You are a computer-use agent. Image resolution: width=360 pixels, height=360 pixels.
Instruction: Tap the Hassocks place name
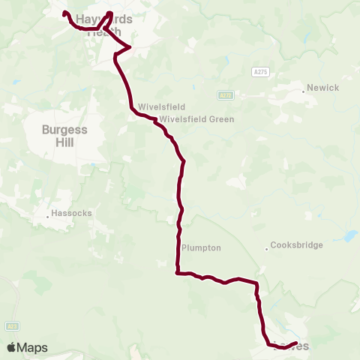point(72,213)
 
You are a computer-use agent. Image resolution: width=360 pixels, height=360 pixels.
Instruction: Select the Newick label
point(323,88)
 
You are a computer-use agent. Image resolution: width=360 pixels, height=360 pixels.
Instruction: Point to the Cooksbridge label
point(296,245)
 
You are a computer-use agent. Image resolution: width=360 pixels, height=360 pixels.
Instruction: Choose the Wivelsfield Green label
point(196,119)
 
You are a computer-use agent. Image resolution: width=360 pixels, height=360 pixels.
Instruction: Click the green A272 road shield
point(226,95)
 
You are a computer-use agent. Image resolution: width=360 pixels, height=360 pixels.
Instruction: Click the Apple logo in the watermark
point(12,347)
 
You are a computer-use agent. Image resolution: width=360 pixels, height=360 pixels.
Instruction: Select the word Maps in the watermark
point(33,348)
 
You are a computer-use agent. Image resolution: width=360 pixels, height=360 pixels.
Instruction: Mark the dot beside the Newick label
point(304,91)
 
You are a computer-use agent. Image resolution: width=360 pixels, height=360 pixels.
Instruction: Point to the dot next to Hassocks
point(48,216)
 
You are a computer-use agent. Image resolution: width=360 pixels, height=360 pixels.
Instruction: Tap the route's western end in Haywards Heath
point(64,13)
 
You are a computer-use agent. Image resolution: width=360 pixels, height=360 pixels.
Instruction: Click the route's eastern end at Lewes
point(297,343)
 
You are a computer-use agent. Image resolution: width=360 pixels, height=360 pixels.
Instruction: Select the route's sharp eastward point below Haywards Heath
point(130,47)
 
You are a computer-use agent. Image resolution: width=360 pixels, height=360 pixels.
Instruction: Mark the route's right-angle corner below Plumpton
point(176,273)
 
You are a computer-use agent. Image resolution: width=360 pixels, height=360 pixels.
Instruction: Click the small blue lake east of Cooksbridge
point(349,235)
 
